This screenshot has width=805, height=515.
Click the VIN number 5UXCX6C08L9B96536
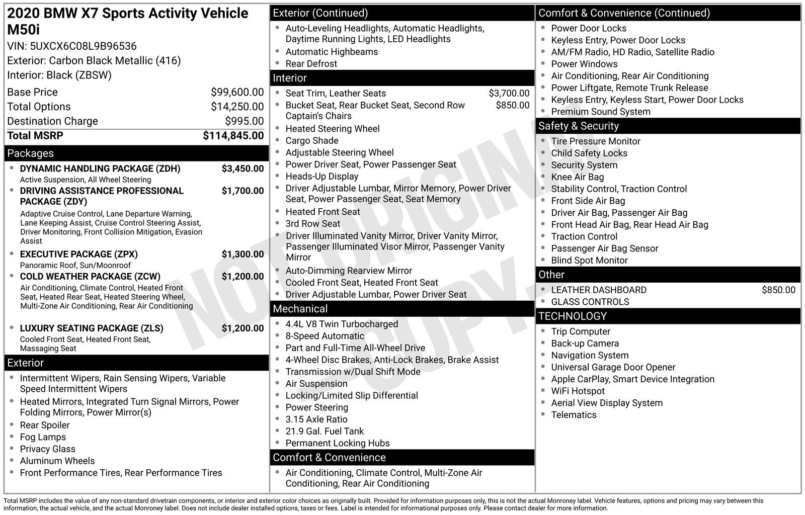tap(83, 46)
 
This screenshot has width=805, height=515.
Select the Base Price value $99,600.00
tap(237, 92)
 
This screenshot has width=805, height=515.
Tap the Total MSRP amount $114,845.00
tap(233, 136)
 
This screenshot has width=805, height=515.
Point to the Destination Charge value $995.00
tap(244, 121)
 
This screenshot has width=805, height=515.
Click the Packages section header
tap(30, 153)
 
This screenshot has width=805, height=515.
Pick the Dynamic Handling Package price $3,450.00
tap(243, 169)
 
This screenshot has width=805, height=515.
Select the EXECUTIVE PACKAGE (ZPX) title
tap(78, 254)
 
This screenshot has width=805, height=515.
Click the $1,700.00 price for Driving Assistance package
tap(243, 191)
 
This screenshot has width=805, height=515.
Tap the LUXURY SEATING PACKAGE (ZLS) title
tap(92, 328)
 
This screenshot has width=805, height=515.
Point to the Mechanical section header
tap(300, 309)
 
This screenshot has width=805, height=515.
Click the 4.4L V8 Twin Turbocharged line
tap(342, 324)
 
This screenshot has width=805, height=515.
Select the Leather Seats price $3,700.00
tap(509, 94)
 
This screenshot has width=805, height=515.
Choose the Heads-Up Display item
tap(322, 177)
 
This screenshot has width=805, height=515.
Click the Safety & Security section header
tap(578, 126)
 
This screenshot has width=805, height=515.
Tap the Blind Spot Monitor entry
tap(589, 261)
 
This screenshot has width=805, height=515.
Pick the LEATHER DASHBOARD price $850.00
tap(778, 290)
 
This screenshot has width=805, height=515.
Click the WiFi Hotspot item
tap(578, 391)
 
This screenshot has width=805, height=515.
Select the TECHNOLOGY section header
tap(573, 316)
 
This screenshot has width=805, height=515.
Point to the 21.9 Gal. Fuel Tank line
tap(325, 432)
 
